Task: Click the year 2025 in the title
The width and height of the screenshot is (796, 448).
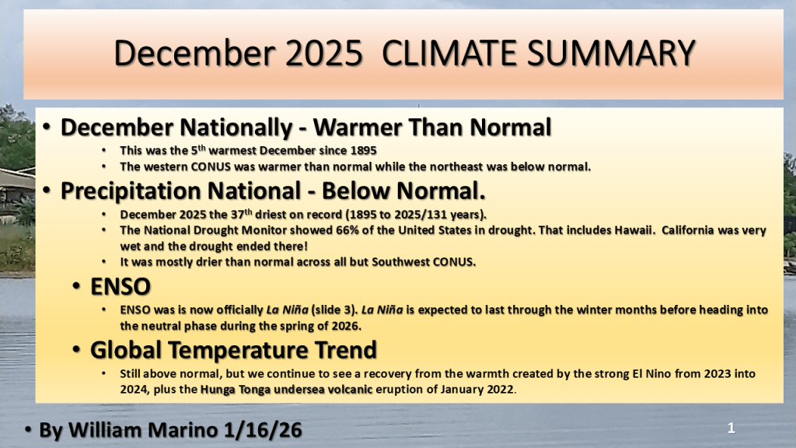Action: point(324,54)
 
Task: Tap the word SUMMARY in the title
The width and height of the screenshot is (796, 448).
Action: point(611,54)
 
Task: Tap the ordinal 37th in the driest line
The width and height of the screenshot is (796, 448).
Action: point(242,214)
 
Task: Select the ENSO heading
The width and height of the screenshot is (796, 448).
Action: point(120,286)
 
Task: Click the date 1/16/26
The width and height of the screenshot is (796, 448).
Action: point(263,430)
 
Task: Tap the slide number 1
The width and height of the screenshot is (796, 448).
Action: point(731,429)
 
